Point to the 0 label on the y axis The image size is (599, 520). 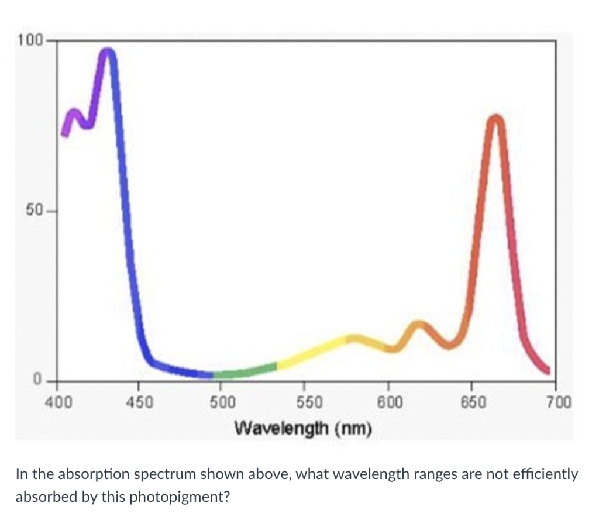point(36,380)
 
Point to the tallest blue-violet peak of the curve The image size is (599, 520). point(108,53)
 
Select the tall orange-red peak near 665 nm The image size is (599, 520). point(495,120)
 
